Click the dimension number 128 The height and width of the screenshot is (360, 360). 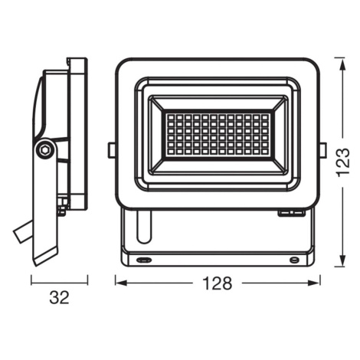[x=217, y=283]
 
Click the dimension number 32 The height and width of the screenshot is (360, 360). [x=59, y=297]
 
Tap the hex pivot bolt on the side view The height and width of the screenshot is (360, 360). [x=45, y=150]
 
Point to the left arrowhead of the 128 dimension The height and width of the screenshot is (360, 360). [x=121, y=283]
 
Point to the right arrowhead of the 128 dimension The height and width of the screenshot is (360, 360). [x=314, y=283]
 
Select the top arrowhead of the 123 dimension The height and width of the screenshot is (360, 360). [x=343, y=64]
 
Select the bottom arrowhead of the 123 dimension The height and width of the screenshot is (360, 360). [x=343, y=260]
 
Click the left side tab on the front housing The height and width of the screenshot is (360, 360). [x=112, y=150]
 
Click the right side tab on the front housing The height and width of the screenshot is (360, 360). [x=323, y=150]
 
